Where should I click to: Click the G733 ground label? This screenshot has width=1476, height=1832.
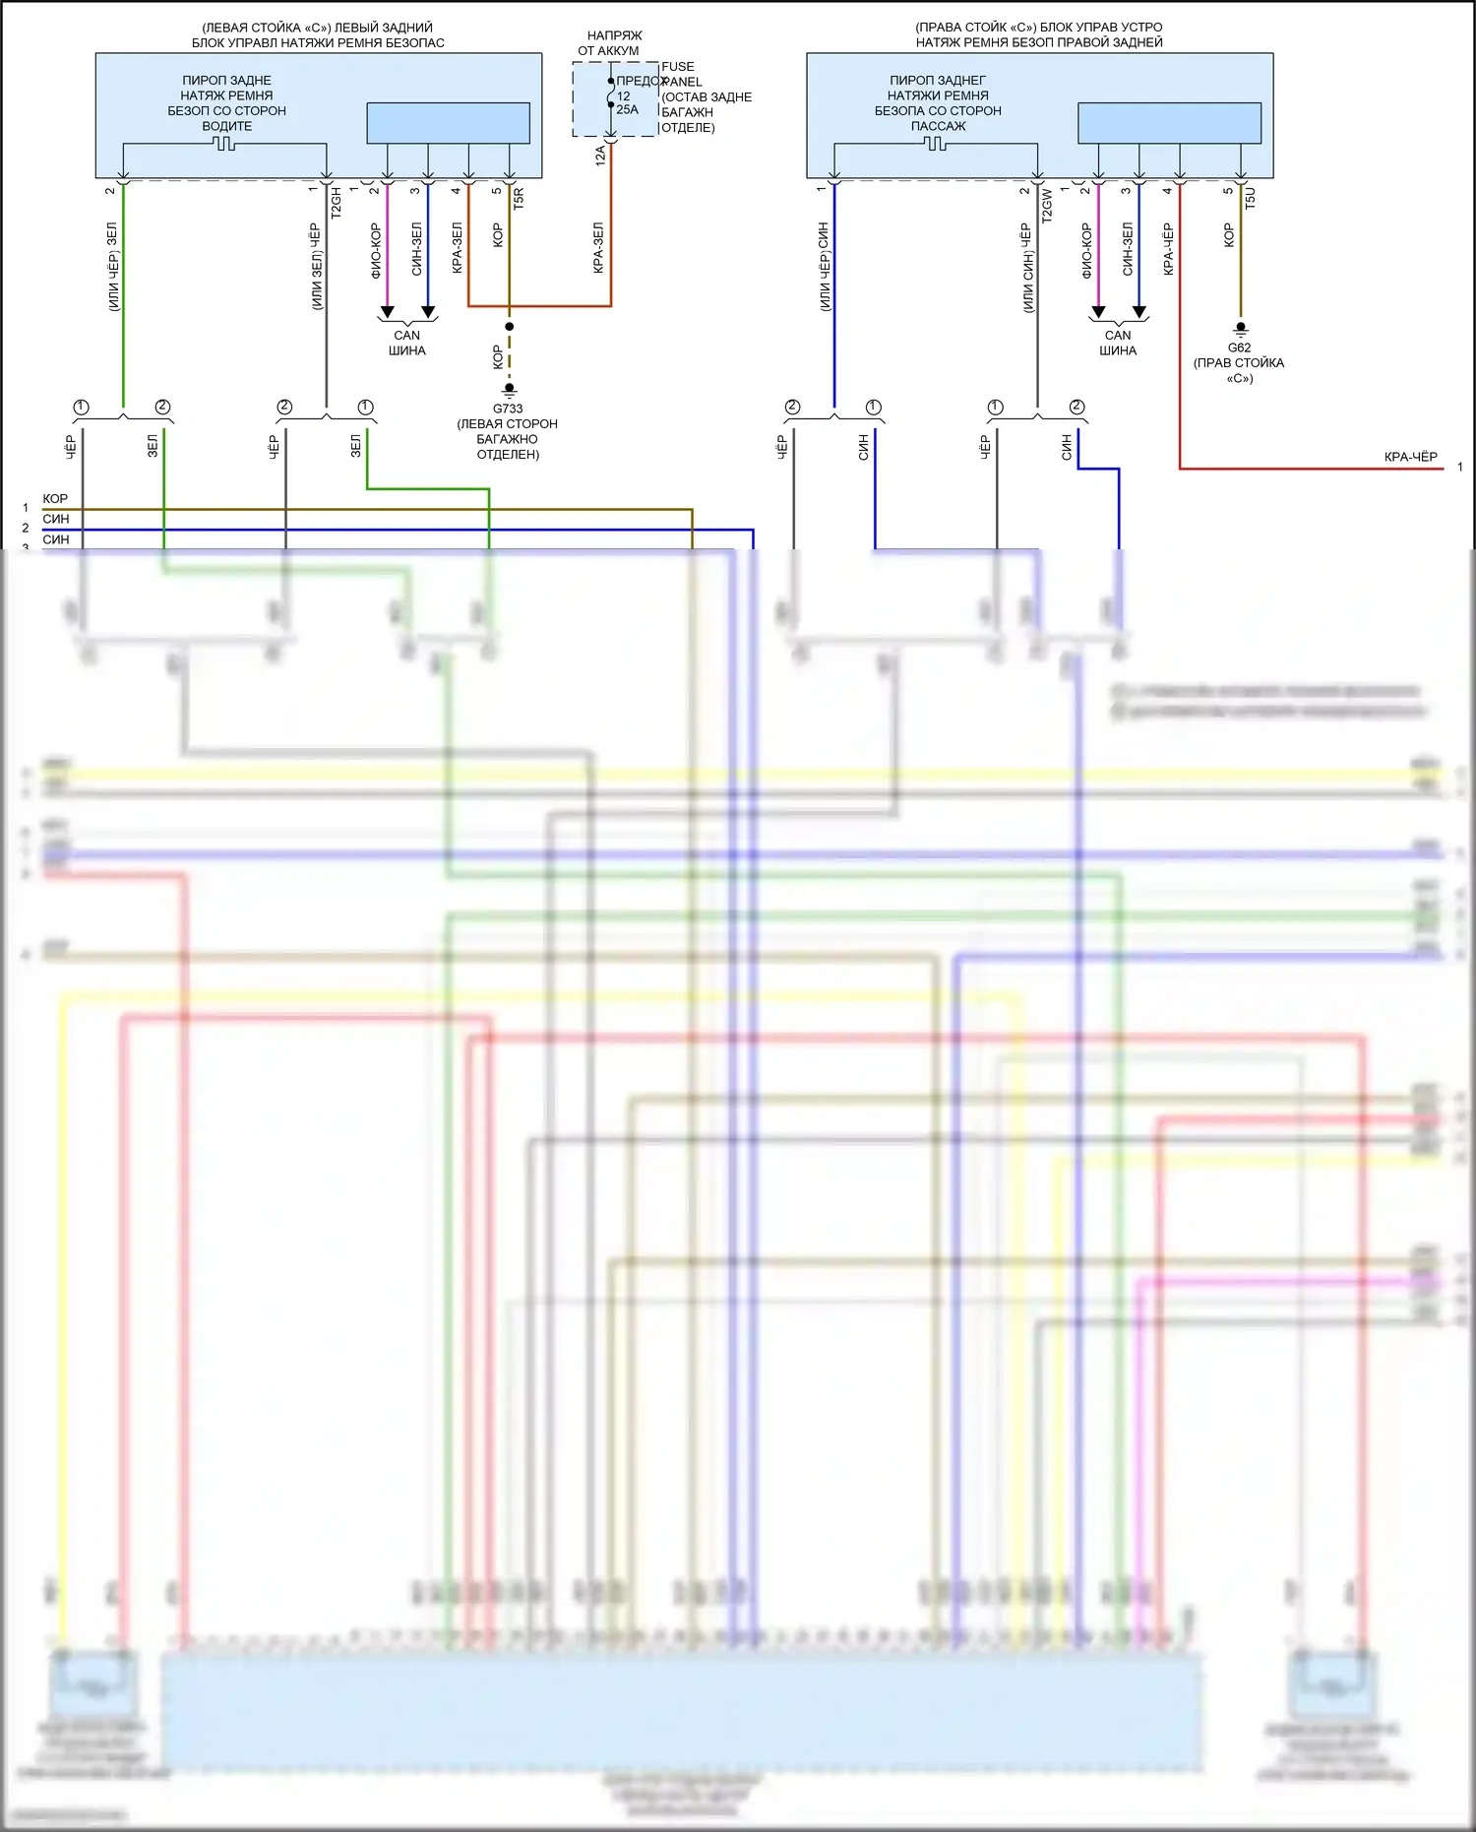click(x=508, y=409)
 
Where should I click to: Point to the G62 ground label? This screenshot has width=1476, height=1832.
click(x=1239, y=347)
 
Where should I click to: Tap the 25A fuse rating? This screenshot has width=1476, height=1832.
click(x=627, y=109)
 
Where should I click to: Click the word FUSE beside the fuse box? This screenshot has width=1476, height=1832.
click(x=678, y=67)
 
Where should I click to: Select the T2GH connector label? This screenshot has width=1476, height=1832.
click(x=336, y=202)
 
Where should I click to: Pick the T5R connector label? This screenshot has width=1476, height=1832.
click(x=519, y=198)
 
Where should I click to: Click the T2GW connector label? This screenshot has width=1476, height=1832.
click(x=1047, y=204)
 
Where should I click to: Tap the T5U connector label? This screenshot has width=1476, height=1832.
click(x=1250, y=199)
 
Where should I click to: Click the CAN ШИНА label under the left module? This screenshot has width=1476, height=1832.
click(x=406, y=343)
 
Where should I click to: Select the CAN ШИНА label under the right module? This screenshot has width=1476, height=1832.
click(x=1118, y=343)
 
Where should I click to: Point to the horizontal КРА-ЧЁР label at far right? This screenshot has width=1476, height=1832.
click(x=1410, y=457)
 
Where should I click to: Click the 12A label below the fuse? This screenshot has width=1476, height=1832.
click(x=600, y=155)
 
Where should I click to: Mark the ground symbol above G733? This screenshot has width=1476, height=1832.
click(x=509, y=390)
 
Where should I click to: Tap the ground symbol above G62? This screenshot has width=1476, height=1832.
click(x=1241, y=328)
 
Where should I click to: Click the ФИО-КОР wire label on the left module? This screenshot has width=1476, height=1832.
click(x=376, y=250)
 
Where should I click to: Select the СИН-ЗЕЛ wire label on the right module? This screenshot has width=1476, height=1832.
click(x=1128, y=248)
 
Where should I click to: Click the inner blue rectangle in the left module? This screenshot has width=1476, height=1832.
click(x=448, y=123)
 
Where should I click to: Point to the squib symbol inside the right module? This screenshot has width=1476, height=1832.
click(x=936, y=144)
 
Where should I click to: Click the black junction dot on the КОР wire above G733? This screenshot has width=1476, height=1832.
click(x=509, y=326)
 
